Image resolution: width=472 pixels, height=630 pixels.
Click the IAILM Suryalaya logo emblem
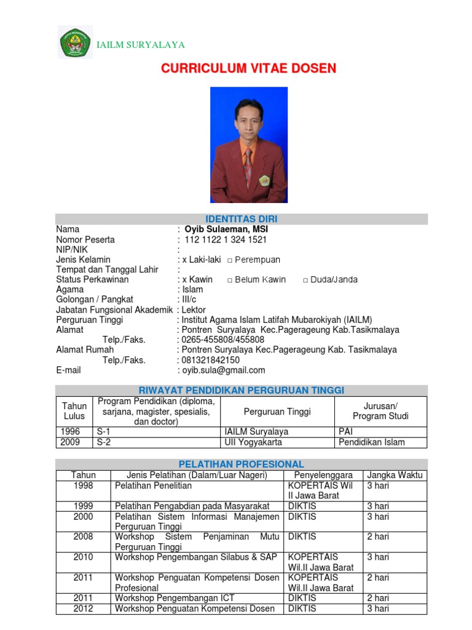point(75,42)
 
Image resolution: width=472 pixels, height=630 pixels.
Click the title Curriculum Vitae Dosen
point(248,68)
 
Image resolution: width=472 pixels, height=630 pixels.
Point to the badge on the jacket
point(264,180)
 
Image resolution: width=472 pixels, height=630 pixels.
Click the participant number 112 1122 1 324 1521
point(226,239)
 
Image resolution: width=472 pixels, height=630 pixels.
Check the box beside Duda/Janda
point(305,280)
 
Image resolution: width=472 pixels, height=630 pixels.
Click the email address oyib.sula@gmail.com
point(223,370)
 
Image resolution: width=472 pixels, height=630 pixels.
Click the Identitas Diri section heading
point(241,219)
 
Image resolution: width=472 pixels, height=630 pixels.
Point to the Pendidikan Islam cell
point(372,442)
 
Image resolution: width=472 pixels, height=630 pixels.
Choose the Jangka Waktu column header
point(395,475)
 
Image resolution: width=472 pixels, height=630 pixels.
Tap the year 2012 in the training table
point(83,608)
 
